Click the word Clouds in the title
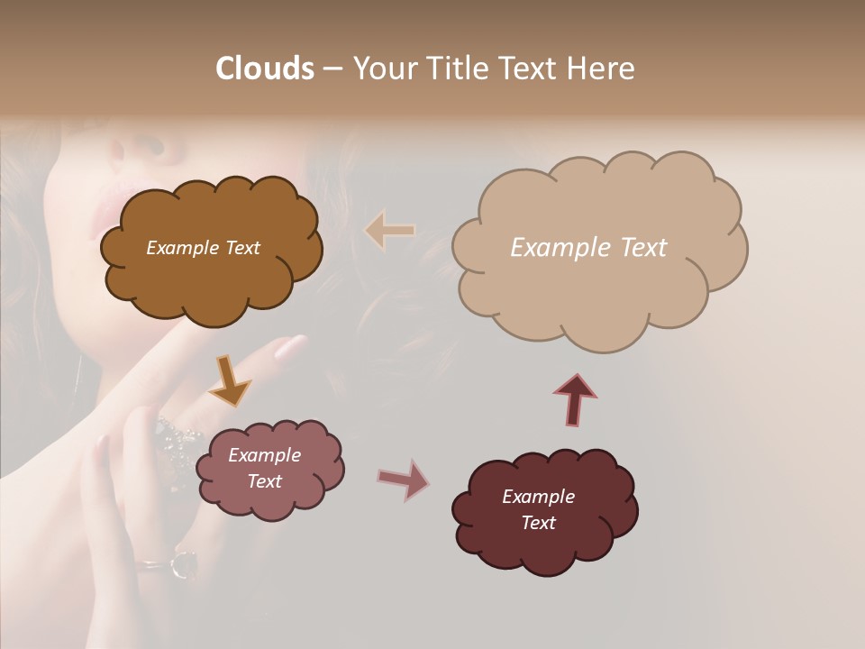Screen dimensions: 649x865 click(264, 69)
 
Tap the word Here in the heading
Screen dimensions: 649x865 click(602, 69)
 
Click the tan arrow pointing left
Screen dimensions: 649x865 click(390, 231)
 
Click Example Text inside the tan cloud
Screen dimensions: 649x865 click(588, 248)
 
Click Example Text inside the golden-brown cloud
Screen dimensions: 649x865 click(203, 248)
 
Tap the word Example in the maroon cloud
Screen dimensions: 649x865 click(538, 497)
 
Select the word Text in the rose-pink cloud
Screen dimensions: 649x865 click(265, 481)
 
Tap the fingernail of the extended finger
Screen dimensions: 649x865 click(291, 347)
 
